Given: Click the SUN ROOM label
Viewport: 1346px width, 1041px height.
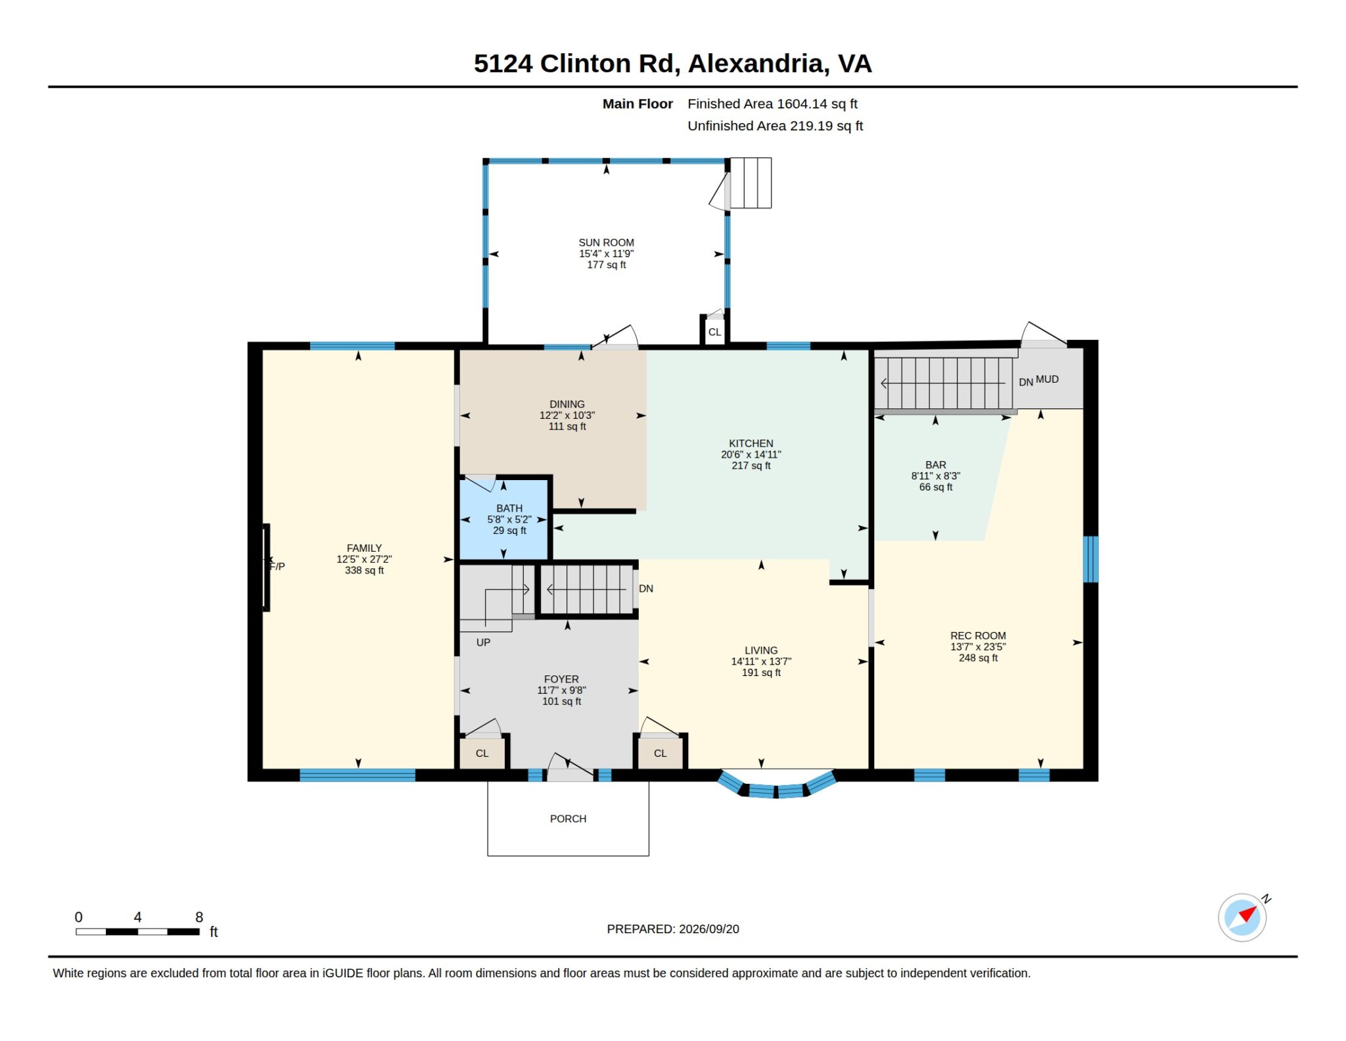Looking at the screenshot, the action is [x=606, y=243].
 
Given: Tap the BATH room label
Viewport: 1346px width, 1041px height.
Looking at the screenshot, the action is [x=509, y=508].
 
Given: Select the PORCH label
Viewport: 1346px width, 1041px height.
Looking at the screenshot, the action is [x=568, y=819].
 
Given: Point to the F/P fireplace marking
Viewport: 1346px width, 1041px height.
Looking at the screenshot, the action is [x=277, y=566].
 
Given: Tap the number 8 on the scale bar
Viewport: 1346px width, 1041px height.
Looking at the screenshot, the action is [x=199, y=917].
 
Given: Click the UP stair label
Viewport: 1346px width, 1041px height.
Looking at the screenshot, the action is [x=483, y=642].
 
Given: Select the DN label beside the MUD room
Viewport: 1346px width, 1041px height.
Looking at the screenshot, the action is [x=1025, y=382].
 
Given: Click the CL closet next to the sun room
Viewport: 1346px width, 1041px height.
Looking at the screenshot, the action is [x=714, y=332].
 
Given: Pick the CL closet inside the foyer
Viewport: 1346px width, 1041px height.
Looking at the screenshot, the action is [x=482, y=753].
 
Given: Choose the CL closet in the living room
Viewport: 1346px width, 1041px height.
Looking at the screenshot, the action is [x=661, y=753].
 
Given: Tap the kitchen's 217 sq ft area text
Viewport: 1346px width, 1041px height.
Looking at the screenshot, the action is [x=751, y=466].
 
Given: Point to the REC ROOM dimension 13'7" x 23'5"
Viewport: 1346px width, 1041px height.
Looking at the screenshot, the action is [x=978, y=647].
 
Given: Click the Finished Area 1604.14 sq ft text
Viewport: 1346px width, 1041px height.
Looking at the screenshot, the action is [x=772, y=104].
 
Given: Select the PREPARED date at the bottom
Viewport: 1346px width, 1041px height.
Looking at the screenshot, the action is [x=673, y=929].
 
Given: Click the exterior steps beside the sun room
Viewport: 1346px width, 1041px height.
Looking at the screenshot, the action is [x=751, y=183].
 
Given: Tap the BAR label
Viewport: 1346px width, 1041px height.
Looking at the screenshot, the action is [x=936, y=465].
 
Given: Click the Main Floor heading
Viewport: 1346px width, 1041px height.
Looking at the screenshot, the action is [x=638, y=104].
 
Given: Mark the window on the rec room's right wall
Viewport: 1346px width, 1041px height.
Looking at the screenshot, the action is [x=1090, y=560].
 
